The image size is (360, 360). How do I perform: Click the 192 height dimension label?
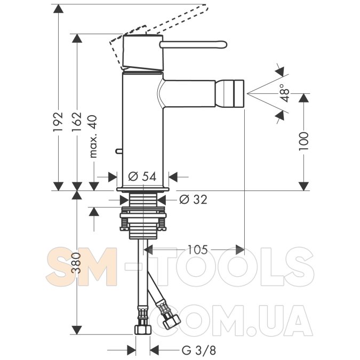tap(58, 122)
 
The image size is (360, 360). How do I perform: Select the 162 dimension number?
tap(77, 122)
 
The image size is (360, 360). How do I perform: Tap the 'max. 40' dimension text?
tap(93, 137)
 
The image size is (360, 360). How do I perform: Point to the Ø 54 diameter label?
tap(142, 177)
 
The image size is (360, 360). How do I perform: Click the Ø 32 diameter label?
tap(193, 199)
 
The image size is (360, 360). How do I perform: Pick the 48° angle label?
tap(285, 93)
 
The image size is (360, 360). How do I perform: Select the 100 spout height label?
tap(303, 141)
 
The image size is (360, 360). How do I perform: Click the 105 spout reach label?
tap(198, 250)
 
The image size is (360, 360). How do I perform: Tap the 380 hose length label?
tap(77, 262)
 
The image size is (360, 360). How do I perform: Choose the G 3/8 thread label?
tap(199, 350)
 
